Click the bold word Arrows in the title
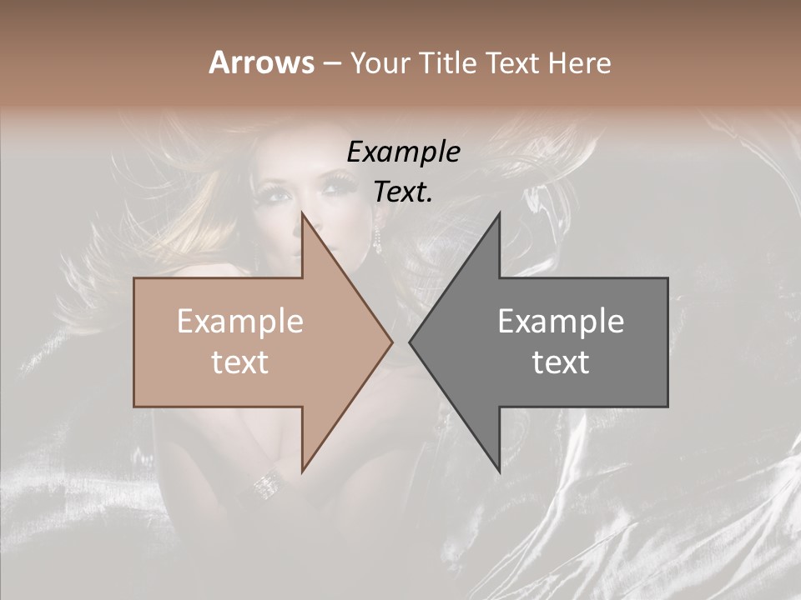tap(261, 62)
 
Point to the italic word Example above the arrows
tap(403, 152)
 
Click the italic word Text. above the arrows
tap(403, 192)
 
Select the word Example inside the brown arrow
tap(240, 322)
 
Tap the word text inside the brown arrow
tap(240, 362)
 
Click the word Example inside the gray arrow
tap(561, 322)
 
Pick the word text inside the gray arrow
tap(561, 362)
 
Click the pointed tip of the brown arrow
tap(391, 342)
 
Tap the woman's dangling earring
tap(377, 239)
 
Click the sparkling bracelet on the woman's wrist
tap(268, 482)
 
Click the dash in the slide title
tap(332, 63)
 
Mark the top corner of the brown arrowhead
tap(302, 213)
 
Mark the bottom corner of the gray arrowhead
tap(499, 472)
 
